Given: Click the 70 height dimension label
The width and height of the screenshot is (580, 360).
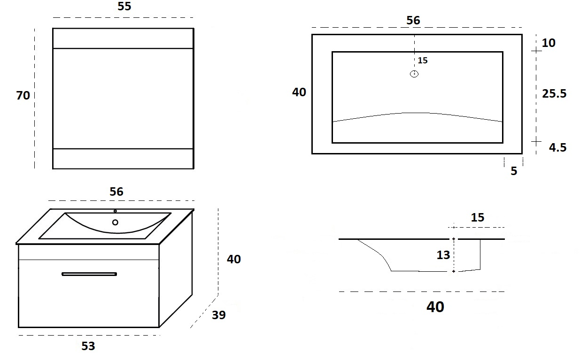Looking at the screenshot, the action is click(23, 95).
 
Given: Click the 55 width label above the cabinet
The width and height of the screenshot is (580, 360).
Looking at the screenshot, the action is click(124, 6).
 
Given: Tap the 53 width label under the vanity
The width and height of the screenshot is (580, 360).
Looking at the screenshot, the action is click(88, 346).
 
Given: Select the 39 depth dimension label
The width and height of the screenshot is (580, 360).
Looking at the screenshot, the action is click(219, 315).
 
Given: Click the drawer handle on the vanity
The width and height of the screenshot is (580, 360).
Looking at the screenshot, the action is click(89, 274).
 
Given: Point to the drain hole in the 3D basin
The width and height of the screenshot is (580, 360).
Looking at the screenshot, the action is click(115, 222).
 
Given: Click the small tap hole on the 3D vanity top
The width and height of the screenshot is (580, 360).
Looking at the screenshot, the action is click(115, 211).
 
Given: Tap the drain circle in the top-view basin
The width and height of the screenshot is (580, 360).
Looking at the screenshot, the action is click(414, 74).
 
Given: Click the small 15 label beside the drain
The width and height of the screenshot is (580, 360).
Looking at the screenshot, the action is click(423, 60).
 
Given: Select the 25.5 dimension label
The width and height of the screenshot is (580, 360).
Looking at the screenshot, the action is click(554, 93).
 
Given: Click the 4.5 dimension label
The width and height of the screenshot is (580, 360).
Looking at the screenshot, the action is click(558, 147).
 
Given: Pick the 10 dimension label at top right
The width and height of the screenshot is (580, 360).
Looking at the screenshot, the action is click(549, 43).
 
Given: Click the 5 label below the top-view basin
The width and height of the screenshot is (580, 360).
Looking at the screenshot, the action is click(514, 171).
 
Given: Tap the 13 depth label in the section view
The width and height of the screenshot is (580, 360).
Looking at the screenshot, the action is click(443, 255).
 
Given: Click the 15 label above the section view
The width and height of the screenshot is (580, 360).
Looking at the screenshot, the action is click(478, 217).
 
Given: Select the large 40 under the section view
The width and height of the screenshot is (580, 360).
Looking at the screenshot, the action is click(435, 306).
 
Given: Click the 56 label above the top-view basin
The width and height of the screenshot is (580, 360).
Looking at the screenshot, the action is click(413, 20).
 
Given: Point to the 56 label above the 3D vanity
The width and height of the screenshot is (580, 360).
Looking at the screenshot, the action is click(116, 191).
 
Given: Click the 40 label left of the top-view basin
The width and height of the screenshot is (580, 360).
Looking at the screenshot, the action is click(299, 92).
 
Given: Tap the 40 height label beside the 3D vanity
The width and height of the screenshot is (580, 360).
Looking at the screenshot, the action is click(234, 259).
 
